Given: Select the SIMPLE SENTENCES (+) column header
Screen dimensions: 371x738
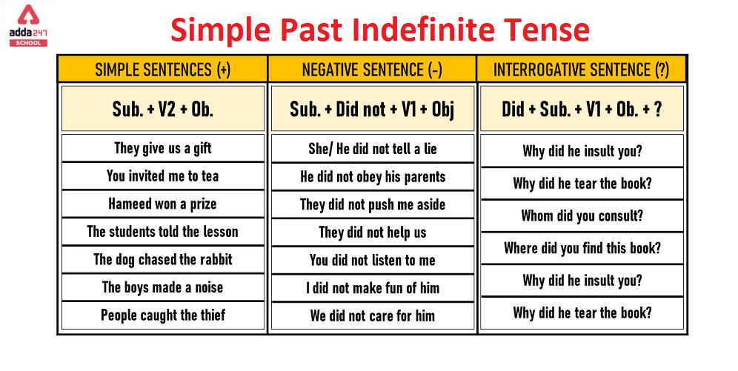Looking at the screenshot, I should pyautogui.click(x=162, y=70).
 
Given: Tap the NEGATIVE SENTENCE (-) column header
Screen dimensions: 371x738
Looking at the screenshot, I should pyautogui.click(x=372, y=70).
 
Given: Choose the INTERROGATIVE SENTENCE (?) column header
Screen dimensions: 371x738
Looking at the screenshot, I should pyautogui.click(x=581, y=70).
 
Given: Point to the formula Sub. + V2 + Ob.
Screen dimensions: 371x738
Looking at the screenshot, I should pyautogui.click(x=162, y=109).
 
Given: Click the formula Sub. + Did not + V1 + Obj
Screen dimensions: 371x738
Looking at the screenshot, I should pyautogui.click(x=372, y=109).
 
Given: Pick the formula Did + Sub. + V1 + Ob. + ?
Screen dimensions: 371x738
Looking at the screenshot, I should pyautogui.click(x=582, y=109).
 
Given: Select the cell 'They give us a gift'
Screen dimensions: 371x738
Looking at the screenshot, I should pyautogui.click(x=162, y=148).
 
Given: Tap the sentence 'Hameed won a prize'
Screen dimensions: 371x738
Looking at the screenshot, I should pyautogui.click(x=162, y=204).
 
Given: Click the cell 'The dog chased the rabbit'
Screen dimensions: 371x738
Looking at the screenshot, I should pyautogui.click(x=162, y=259).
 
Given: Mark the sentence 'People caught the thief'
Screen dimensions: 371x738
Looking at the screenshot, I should pyautogui.click(x=162, y=315).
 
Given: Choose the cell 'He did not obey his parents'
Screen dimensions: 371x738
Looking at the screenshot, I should pyautogui.click(x=372, y=176).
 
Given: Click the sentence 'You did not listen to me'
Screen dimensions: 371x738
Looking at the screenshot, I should pyautogui.click(x=372, y=260).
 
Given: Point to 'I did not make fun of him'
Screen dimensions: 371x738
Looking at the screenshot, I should pyautogui.click(x=372, y=287).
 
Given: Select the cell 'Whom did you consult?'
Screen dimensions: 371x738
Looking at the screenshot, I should pyautogui.click(x=582, y=216).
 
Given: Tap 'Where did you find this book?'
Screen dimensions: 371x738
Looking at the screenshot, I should pyautogui.click(x=582, y=248).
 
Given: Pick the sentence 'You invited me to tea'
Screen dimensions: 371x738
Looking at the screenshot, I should pyautogui.click(x=162, y=176).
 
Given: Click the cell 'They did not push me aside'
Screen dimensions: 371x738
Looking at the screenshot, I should pyautogui.click(x=372, y=204).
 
